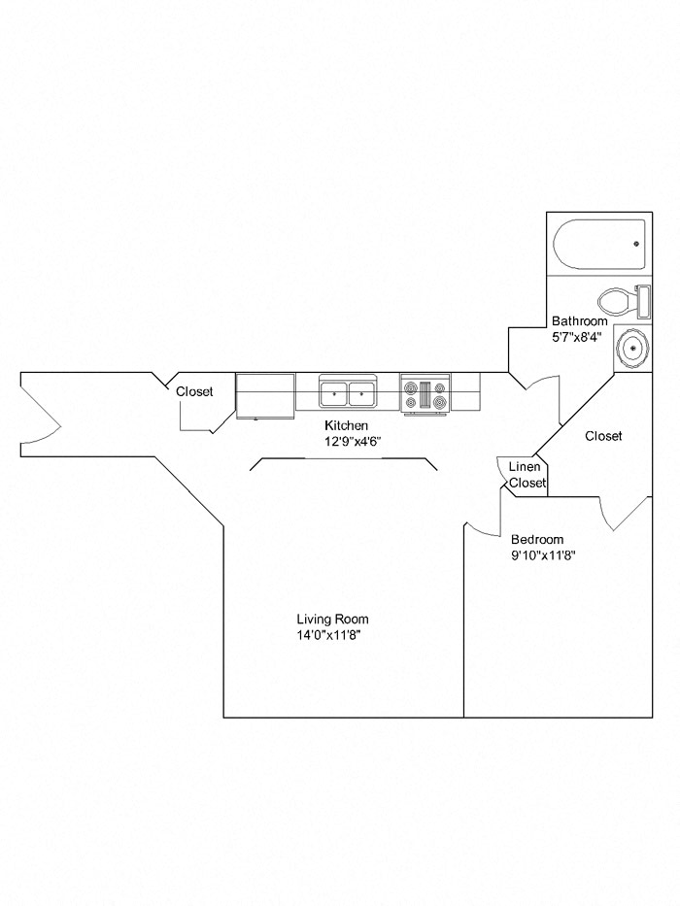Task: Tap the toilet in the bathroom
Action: [618, 299]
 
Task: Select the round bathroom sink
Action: [631, 348]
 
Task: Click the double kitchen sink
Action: [349, 393]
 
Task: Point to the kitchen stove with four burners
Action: [425, 395]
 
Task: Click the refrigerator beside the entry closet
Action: [265, 395]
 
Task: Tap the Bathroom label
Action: [580, 321]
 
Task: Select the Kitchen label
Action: [347, 426]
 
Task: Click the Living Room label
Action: [332, 619]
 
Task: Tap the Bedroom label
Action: [537, 540]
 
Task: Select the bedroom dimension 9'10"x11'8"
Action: [544, 556]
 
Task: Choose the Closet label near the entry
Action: [194, 392]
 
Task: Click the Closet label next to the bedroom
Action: [603, 437]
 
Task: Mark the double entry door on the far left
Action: [41, 413]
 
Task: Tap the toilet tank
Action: [642, 300]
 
